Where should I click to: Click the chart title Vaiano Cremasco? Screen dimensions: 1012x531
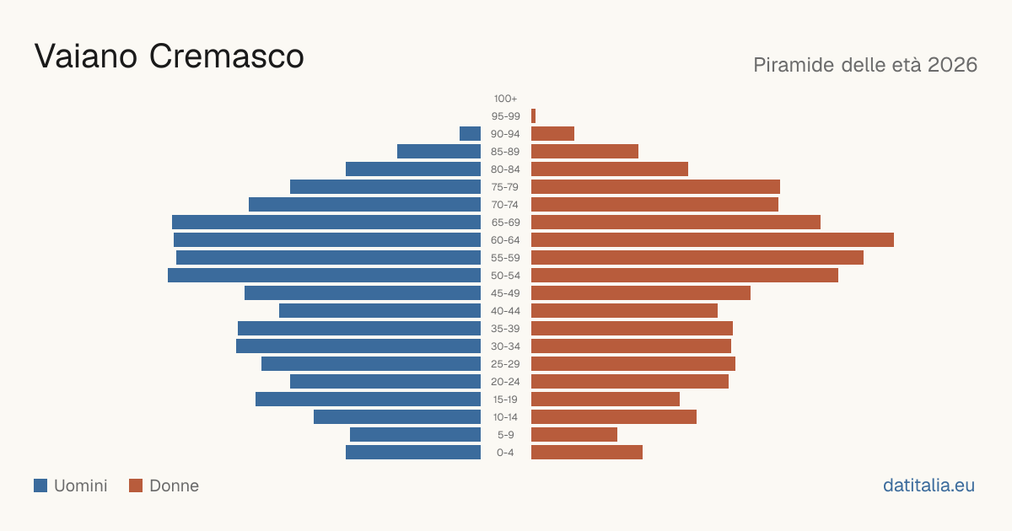tap(169, 56)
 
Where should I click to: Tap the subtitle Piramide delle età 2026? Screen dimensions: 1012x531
tap(865, 65)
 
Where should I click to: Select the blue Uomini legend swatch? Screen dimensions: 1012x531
tap(40, 485)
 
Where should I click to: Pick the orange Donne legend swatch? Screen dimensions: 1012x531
tap(136, 485)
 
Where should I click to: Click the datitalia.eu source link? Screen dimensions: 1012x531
tap(929, 485)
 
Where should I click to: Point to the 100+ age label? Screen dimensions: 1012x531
tap(505, 99)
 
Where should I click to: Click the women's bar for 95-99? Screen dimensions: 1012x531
tap(533, 116)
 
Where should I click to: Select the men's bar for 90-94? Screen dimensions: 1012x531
tap(471, 134)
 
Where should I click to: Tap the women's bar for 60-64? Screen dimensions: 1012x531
tap(713, 239)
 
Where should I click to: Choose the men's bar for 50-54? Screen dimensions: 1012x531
tap(325, 276)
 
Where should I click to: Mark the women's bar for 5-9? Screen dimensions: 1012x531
tap(574, 435)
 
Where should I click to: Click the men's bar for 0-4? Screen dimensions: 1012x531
tap(413, 453)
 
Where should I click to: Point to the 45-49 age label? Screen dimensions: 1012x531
tap(505, 293)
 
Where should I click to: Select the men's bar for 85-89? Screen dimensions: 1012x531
tap(439, 151)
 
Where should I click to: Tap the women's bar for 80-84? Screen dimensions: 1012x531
tap(610, 169)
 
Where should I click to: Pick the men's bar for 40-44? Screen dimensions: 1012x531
tap(380, 311)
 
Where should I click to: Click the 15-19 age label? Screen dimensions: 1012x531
tap(505, 400)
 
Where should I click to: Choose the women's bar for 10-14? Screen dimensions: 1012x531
tap(614, 416)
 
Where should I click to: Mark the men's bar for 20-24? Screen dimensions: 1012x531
tap(385, 382)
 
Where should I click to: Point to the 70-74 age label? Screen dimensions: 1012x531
tap(505, 205)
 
